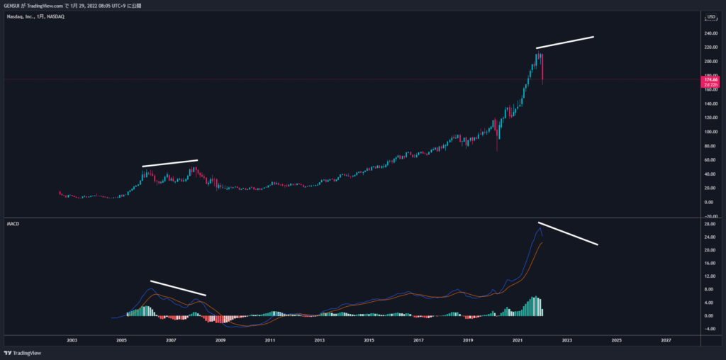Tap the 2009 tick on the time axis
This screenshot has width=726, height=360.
click(x=220, y=340)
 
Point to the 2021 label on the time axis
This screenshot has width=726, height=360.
click(x=518, y=340)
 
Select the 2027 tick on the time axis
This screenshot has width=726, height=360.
click(x=666, y=340)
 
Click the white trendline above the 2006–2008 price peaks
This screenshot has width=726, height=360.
click(x=170, y=163)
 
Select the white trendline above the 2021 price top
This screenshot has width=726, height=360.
click(x=564, y=42)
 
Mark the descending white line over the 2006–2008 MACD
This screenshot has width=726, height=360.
click(x=177, y=287)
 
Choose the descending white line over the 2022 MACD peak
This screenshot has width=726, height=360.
click(x=567, y=234)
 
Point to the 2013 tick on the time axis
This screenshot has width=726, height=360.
click(x=320, y=340)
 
